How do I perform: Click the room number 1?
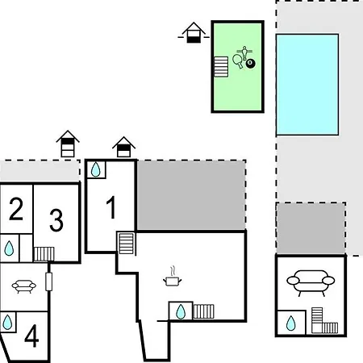point(111,207)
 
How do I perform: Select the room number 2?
point(16,209)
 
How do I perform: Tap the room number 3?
point(56,220)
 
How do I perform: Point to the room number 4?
point(31,336)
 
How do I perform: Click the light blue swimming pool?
point(307,85)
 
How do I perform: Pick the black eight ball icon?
point(251,64)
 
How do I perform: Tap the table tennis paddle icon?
point(238,61)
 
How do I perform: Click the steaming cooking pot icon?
point(173,277)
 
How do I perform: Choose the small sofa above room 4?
point(24,286)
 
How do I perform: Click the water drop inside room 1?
point(96,169)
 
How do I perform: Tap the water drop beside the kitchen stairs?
point(181,311)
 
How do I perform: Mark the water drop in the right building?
point(291,323)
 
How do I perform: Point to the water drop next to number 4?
point(7,322)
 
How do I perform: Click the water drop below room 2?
point(9,248)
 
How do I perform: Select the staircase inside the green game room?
point(221,67)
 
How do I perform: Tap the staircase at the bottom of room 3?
point(44,254)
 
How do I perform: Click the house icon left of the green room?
point(194,32)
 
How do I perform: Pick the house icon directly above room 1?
point(123,147)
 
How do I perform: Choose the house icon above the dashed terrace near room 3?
point(68,144)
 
